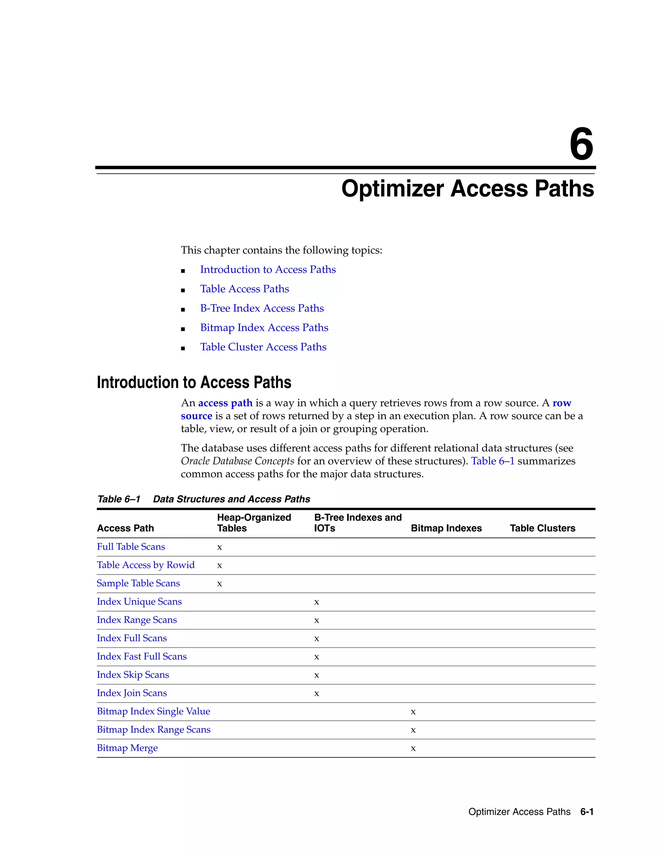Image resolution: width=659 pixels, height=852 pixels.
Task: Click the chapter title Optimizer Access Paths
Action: point(467,189)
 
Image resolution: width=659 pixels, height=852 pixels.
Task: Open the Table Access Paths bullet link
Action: point(245,289)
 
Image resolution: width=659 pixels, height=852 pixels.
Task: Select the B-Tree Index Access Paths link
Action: point(262,309)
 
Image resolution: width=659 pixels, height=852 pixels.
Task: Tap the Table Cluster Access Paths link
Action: point(263,347)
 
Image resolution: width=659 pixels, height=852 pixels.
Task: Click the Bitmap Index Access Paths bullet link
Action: point(264,328)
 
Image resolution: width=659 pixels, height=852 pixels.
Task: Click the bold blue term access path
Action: point(225,403)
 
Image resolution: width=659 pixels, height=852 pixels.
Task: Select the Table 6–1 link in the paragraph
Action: point(493,461)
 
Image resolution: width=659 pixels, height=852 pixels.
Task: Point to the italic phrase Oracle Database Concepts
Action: point(237,461)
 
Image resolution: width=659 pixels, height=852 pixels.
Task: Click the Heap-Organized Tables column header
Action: point(254,523)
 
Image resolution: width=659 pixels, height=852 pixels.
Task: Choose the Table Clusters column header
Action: point(542,528)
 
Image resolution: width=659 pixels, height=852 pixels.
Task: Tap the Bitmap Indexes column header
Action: point(446,528)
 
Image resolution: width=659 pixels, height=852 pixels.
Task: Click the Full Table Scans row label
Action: point(131,547)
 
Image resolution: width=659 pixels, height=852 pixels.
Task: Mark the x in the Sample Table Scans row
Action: point(219,584)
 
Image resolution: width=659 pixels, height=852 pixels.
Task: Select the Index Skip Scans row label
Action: point(133,675)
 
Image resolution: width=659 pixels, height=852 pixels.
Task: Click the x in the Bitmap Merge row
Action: point(413,748)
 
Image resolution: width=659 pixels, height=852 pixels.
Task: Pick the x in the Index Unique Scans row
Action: point(317,602)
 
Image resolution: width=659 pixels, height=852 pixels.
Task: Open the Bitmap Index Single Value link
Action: point(153,712)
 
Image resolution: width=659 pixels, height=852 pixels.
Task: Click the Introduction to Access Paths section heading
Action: point(194,383)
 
